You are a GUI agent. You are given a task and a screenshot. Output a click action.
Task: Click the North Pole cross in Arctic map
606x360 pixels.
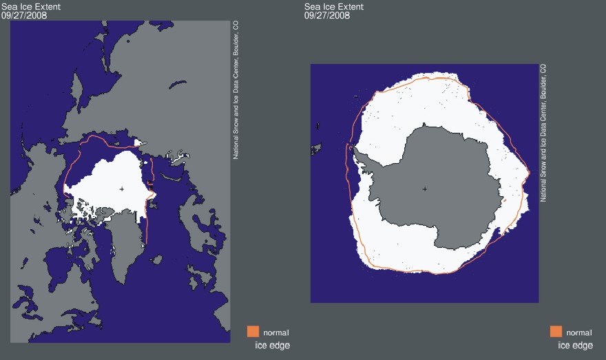coord(122,189)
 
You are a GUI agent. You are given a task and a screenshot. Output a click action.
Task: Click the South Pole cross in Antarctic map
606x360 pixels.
coord(424,189)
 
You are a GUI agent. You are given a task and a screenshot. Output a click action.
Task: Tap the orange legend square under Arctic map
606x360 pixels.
coord(253,332)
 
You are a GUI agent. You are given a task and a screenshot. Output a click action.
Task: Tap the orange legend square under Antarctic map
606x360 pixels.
coord(556,332)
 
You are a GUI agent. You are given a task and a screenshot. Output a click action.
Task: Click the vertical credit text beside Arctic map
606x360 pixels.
coord(236,89)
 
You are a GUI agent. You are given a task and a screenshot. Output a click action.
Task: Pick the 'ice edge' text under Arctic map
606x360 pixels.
coord(272,346)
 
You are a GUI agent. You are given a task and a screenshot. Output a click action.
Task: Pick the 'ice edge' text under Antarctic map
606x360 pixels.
coord(575,346)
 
